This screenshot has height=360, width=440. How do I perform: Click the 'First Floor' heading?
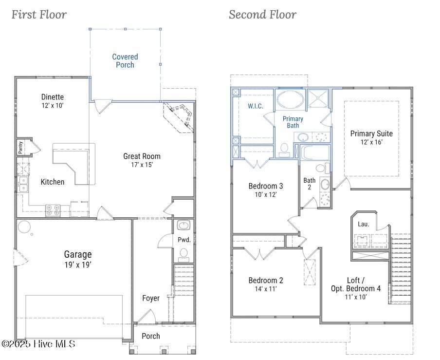click(39, 15)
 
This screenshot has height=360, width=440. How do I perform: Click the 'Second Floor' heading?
click(263, 15)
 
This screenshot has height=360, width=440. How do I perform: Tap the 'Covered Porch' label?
click(125, 61)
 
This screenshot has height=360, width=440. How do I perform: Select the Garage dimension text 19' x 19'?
click(78, 265)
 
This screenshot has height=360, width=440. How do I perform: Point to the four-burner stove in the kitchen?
click(53, 210)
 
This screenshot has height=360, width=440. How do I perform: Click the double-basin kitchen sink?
click(23, 184)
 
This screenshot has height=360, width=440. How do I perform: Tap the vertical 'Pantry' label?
click(20, 147)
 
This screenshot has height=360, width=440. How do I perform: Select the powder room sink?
click(184, 225)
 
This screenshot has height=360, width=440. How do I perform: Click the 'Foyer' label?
click(151, 298)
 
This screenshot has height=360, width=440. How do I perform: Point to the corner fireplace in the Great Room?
click(179, 117)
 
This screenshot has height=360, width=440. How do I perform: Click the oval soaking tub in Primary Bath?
click(290, 99)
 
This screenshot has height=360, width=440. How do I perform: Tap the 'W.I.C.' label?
click(256, 106)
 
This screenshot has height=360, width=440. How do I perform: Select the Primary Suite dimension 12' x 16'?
click(371, 142)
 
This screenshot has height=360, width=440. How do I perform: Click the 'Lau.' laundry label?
click(364, 224)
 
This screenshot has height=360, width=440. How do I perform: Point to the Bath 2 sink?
click(325, 185)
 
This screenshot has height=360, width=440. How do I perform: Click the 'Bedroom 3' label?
click(266, 186)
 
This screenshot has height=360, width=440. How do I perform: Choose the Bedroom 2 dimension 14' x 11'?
click(266, 289)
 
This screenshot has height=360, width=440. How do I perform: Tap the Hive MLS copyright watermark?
click(38, 344)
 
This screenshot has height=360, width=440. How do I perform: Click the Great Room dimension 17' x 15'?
click(142, 165)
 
